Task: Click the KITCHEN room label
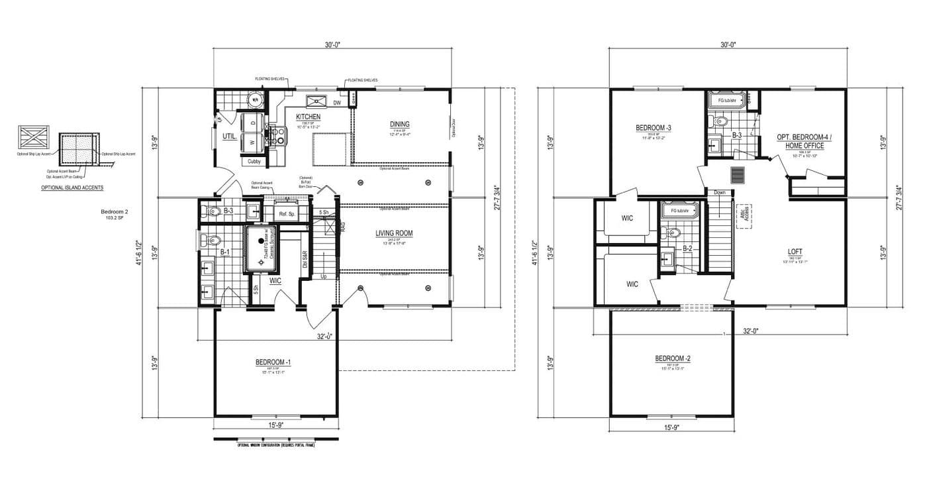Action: (x=308, y=117)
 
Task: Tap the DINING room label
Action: (x=399, y=124)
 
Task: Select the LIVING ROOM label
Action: (x=395, y=233)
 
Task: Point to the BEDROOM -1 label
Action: (x=273, y=362)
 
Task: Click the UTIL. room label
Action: (x=229, y=136)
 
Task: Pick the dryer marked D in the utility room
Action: (x=252, y=123)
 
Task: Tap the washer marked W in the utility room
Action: (x=252, y=142)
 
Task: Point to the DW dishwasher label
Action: (x=337, y=103)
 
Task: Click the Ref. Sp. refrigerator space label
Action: (x=287, y=214)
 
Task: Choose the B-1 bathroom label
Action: (x=224, y=252)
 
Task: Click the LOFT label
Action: (x=795, y=252)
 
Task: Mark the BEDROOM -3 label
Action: (x=654, y=128)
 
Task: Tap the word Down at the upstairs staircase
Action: (x=720, y=193)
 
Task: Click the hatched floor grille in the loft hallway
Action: (x=738, y=174)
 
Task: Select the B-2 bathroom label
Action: (x=687, y=249)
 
